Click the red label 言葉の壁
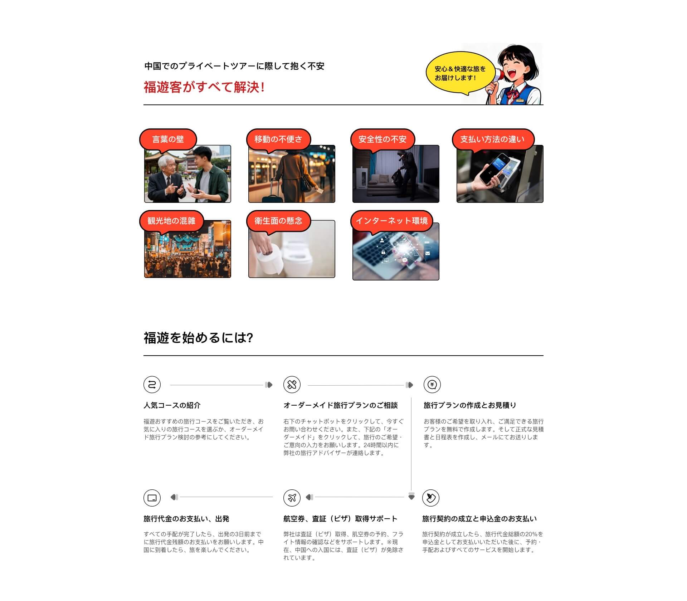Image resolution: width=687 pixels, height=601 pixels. point(168,139)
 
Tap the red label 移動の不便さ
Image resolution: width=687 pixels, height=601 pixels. point(278,139)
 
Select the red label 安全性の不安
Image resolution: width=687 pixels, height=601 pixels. point(383,139)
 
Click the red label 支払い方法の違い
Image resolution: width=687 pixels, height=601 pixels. point(493,139)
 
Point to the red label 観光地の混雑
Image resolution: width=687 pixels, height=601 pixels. point(171,221)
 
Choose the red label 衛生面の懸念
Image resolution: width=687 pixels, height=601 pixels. point(278,221)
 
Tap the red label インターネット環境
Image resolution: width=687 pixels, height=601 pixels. point(391,221)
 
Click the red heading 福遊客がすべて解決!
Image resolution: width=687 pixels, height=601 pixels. point(204,87)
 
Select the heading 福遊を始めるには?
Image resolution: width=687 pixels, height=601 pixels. point(198,338)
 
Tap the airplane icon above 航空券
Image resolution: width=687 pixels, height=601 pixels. point(292,498)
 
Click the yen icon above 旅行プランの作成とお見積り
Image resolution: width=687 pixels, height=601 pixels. point(432,385)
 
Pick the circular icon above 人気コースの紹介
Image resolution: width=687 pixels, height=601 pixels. point(152,385)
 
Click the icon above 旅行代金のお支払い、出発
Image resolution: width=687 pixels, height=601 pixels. point(152,498)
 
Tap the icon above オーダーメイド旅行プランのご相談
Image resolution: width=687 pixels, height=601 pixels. point(292,385)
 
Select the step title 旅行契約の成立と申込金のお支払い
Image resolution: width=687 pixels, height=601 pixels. point(479,519)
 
